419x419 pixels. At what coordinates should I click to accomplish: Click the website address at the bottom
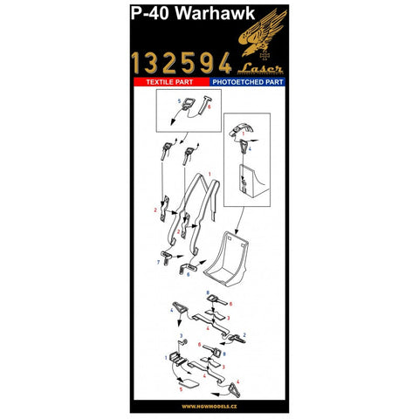click(x=209, y=405)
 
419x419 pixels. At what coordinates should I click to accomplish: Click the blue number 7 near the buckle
click(x=158, y=261)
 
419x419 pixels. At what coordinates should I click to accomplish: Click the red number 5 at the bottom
click(x=181, y=386)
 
